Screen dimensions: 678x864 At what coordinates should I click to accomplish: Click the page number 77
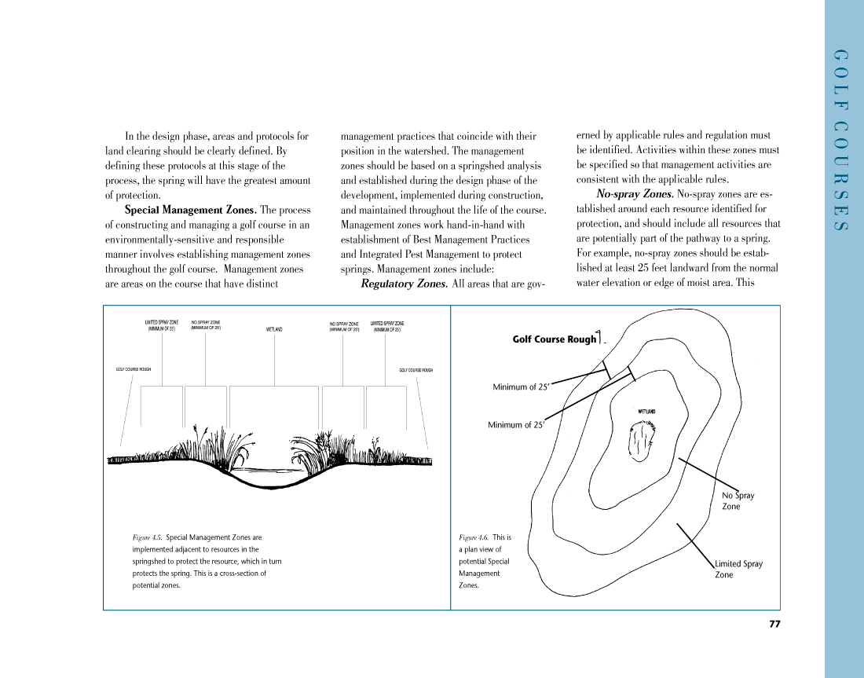point(774,625)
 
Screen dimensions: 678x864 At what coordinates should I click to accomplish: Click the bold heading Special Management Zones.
point(190,211)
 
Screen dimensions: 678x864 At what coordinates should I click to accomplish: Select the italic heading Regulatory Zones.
point(404,284)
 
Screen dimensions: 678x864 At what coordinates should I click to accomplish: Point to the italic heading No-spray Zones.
point(635,194)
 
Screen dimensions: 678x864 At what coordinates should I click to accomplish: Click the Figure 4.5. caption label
point(148,537)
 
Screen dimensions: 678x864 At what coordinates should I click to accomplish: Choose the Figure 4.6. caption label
point(474,537)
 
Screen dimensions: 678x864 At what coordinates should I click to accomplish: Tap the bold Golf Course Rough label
point(555,339)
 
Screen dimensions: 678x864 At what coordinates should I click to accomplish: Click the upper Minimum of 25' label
point(520,387)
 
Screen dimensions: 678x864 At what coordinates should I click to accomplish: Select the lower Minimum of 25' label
point(515,425)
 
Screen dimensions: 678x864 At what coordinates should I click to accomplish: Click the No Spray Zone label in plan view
point(738,501)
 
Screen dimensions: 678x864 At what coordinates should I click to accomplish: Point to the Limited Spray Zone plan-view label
point(738,569)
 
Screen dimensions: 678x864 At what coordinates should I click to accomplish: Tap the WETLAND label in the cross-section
point(274,329)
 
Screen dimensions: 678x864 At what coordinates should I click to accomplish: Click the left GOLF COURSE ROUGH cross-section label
point(134,369)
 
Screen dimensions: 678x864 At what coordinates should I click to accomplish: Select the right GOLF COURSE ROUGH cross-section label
point(416,370)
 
